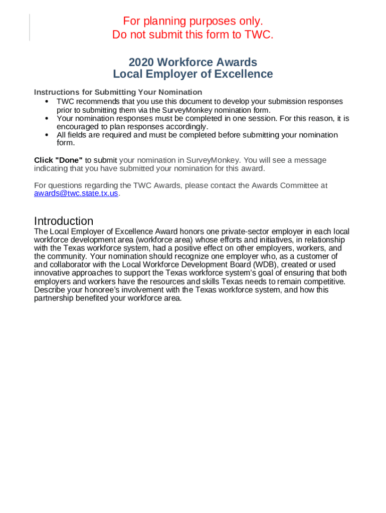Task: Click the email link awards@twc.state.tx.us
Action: coord(76,194)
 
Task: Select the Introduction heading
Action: coord(64,221)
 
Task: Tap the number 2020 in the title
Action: coord(142,62)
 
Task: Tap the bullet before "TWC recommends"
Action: coord(47,102)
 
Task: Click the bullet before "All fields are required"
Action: coord(47,135)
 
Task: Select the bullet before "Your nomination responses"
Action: coord(47,119)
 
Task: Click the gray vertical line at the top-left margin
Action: coord(30,27)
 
